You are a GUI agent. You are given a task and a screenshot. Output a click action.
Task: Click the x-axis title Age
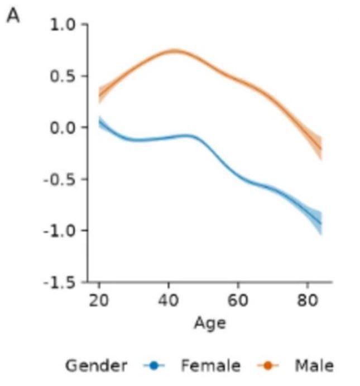pyautogui.click(x=210, y=323)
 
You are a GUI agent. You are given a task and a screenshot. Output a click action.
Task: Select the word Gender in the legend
pyautogui.click(x=96, y=366)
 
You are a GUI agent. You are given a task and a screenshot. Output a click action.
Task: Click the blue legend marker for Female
pyautogui.click(x=154, y=366)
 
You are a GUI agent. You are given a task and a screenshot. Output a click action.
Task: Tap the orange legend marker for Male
pyautogui.click(x=268, y=366)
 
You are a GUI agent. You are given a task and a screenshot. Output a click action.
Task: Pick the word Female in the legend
pyautogui.click(x=210, y=366)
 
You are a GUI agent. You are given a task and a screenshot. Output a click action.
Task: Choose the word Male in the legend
pyautogui.click(x=314, y=366)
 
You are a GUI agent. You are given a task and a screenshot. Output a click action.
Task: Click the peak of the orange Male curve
pyautogui.click(x=174, y=51)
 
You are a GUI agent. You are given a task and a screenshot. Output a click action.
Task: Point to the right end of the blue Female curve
pyautogui.click(x=321, y=224)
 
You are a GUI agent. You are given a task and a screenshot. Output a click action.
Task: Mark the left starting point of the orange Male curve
pyautogui.click(x=100, y=95)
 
